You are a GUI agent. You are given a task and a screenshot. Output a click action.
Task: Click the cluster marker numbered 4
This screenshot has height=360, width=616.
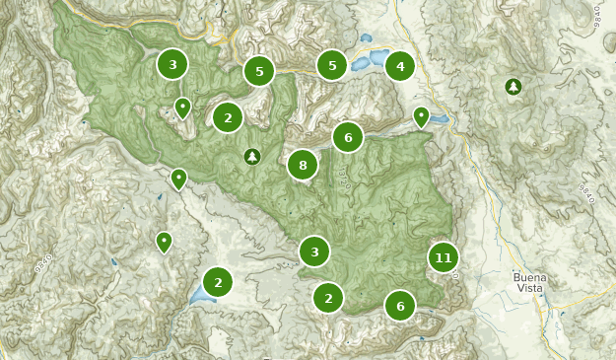(400, 67)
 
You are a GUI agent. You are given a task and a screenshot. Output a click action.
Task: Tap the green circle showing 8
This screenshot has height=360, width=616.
(303, 165)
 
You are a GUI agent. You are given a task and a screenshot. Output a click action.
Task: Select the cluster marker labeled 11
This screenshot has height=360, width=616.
(444, 258)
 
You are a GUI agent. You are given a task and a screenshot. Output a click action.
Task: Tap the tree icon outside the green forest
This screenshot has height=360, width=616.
(513, 88)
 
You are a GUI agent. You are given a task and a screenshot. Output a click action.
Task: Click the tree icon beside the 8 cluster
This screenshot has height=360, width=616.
(252, 156)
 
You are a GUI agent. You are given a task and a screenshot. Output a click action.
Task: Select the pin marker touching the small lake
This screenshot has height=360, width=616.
(422, 116)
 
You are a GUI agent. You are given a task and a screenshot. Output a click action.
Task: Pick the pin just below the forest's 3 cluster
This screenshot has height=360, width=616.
(182, 107)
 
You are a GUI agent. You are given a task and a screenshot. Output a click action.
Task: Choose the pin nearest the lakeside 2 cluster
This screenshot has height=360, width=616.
(165, 241)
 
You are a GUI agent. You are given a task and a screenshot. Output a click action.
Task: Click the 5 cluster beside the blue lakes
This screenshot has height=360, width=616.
(332, 66)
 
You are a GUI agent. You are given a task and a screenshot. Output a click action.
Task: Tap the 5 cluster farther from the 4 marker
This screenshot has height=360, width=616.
(259, 71)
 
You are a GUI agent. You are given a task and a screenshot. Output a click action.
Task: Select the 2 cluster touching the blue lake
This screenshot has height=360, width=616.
(218, 281)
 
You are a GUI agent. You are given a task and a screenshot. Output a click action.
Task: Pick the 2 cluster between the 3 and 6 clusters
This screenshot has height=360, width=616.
(328, 297)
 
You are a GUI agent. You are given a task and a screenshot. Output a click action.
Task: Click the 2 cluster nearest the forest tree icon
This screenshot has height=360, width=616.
(228, 117)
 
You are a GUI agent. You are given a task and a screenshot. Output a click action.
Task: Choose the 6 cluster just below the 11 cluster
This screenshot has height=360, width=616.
(400, 306)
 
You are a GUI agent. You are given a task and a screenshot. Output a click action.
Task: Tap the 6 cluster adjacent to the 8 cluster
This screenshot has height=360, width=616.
(348, 138)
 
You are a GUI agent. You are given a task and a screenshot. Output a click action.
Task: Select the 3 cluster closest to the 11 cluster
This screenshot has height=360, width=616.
(314, 252)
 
